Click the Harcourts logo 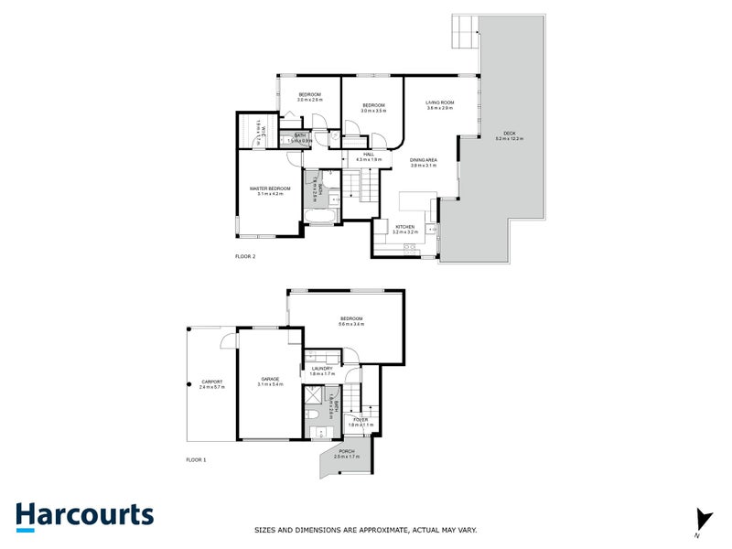tap(84, 515)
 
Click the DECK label tap(510, 134)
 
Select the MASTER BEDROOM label tap(269, 188)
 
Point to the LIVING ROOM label tap(440, 102)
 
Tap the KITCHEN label tap(404, 226)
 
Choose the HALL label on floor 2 tap(369, 155)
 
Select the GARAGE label tap(270, 379)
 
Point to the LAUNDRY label tap(322, 369)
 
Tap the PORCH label tap(347, 450)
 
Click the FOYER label tap(361, 420)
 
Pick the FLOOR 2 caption tap(245, 257)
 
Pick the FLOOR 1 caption tap(196, 459)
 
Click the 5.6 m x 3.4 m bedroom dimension tap(351, 324)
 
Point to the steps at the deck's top tap(465, 35)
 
